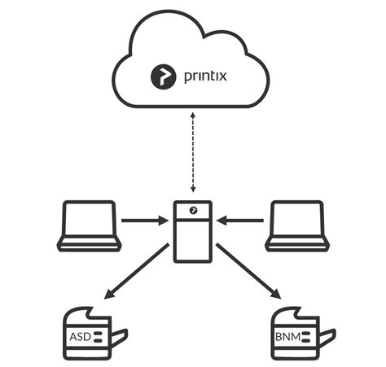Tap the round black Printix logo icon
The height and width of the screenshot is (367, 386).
(x=163, y=77)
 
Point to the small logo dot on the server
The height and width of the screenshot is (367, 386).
(x=193, y=210)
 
